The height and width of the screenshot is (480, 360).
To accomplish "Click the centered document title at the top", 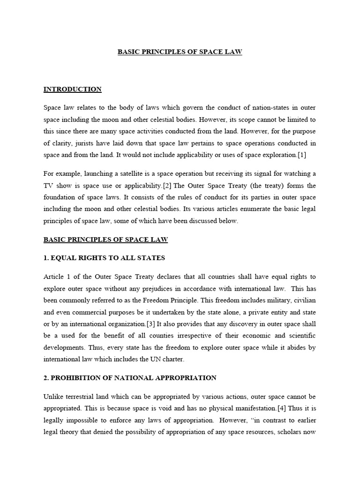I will [x=180, y=52].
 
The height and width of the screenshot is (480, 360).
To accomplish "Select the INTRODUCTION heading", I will [x=72, y=89].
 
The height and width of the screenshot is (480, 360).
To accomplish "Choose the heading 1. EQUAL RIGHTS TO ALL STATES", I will [x=104, y=258].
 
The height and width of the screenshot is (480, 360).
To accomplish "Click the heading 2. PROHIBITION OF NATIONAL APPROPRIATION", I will [x=130, y=377].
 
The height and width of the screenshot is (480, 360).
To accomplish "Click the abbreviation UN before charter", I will [x=146, y=360].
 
